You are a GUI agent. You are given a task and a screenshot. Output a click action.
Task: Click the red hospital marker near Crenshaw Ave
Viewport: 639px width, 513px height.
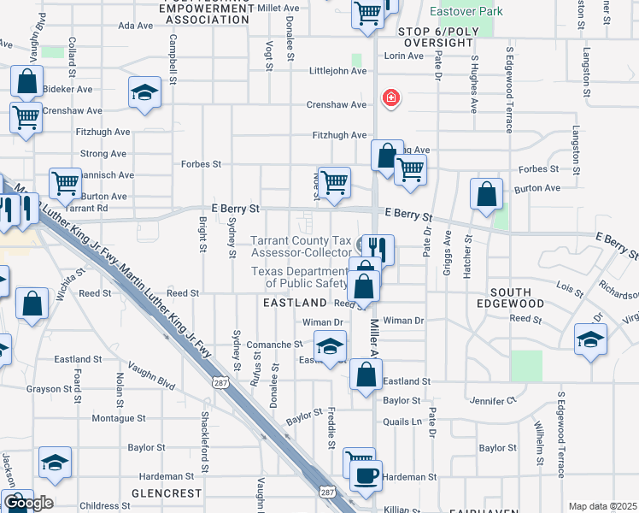click(x=391, y=98)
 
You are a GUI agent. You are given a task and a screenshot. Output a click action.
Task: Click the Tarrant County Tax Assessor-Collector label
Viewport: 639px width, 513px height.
click(x=301, y=246)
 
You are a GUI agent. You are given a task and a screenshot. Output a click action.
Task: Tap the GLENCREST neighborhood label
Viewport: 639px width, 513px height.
click(x=167, y=493)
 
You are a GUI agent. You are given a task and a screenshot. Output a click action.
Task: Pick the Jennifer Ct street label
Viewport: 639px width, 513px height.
click(x=494, y=400)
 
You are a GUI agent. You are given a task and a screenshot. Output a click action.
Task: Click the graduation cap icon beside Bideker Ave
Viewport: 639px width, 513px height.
click(x=145, y=91)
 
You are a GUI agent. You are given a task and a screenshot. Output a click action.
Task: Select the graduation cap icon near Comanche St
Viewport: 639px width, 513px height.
click(x=331, y=345)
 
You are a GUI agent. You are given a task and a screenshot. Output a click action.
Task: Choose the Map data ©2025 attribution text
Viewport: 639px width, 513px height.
click(x=602, y=506)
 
